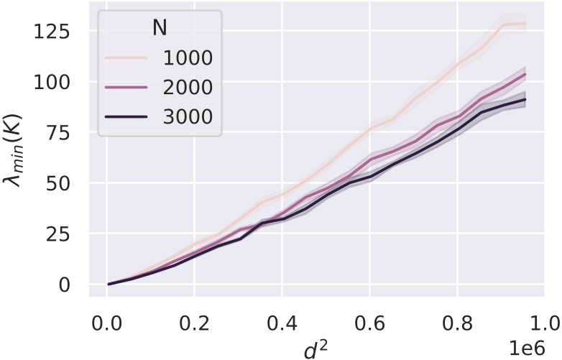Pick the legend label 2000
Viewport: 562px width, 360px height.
tap(185, 87)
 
